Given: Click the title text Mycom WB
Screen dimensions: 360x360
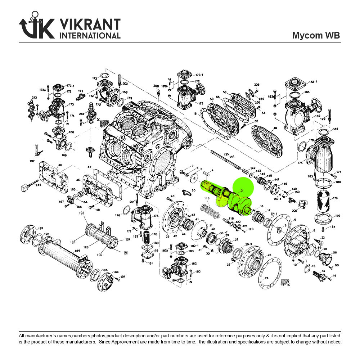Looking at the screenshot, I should tap(316, 35).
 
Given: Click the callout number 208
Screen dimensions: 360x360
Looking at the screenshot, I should tap(156, 86).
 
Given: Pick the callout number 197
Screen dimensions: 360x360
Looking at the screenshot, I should tap(32, 161).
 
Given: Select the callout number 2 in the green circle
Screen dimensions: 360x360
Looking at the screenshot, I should tap(242, 190).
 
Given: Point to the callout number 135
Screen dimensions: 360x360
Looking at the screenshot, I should tap(226, 154).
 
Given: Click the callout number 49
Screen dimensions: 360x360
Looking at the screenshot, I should tap(275, 129).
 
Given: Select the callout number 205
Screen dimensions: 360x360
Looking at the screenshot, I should tap(294, 211).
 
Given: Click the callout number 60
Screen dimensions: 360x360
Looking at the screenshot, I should tap(337, 265).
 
